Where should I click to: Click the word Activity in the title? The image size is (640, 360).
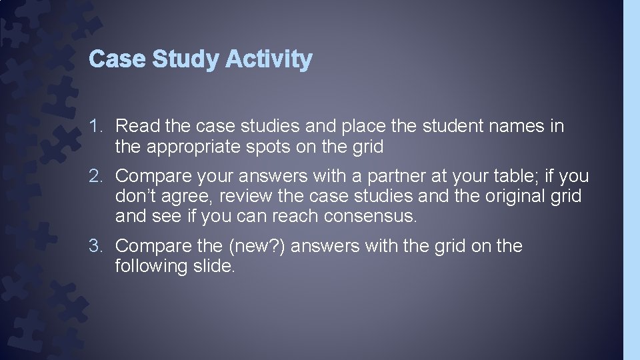(x=268, y=59)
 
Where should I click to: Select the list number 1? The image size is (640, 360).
(x=97, y=125)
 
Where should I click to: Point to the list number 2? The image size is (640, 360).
(x=97, y=176)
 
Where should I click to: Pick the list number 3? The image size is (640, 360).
(x=97, y=246)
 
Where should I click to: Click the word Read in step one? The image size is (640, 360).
(x=137, y=125)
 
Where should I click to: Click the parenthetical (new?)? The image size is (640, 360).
(x=256, y=246)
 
